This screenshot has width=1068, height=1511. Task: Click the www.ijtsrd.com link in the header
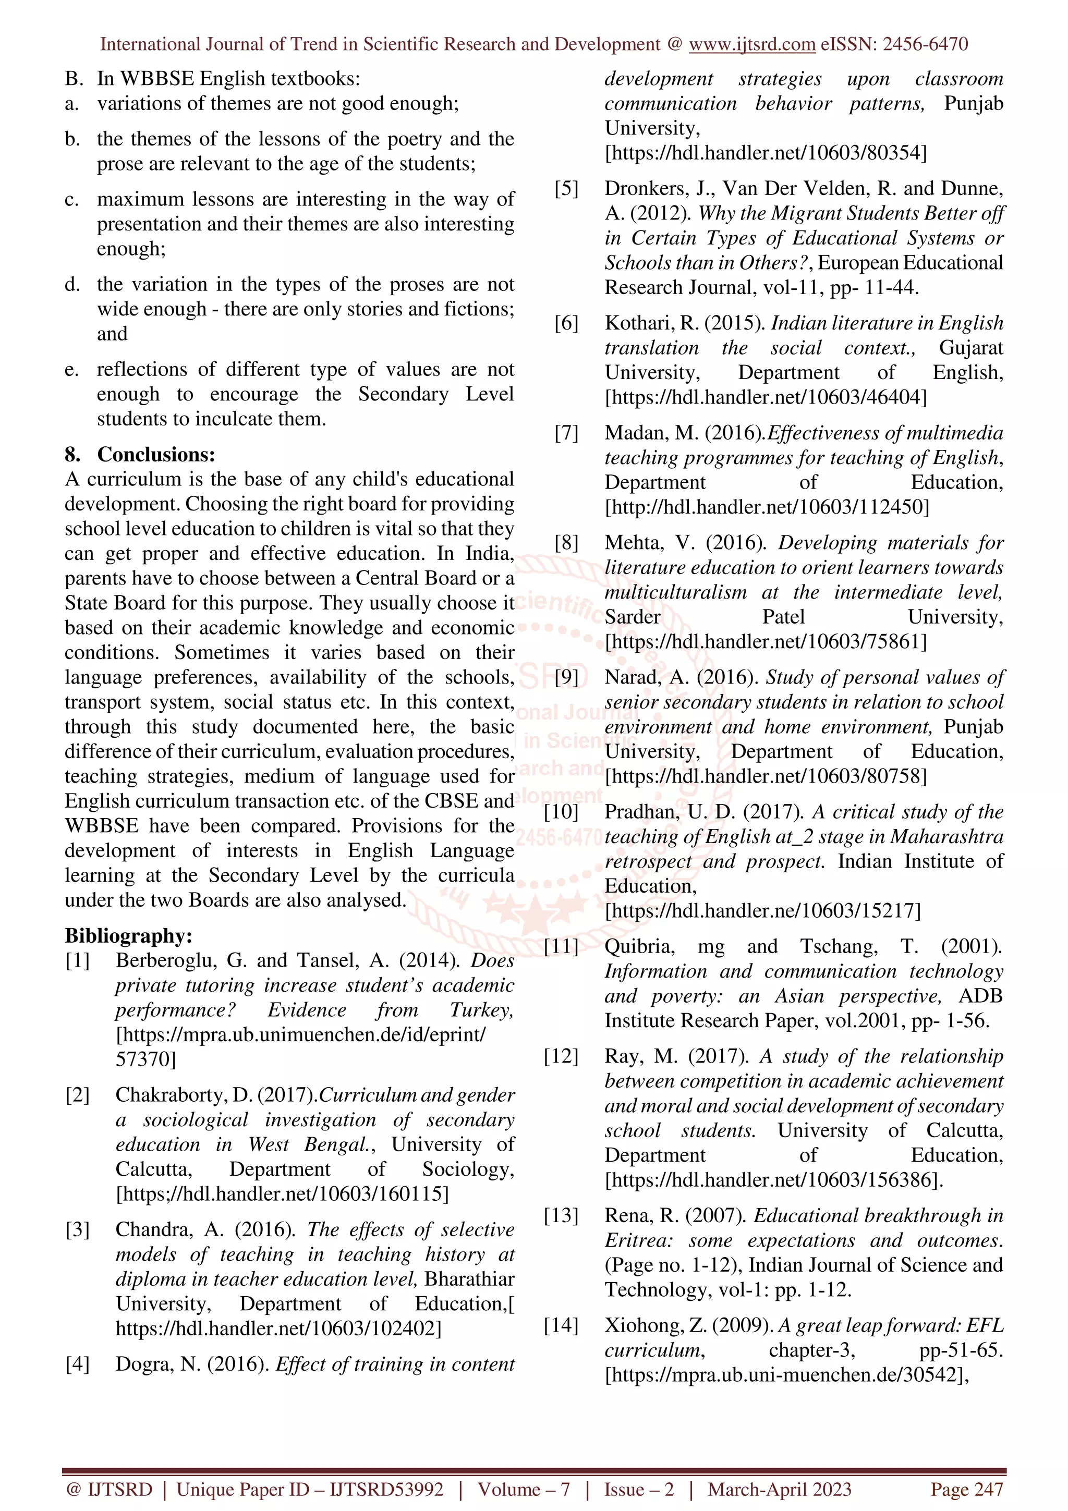(x=751, y=45)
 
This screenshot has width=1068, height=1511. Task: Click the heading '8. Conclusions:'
(x=140, y=454)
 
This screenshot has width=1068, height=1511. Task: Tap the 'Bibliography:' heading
(x=128, y=935)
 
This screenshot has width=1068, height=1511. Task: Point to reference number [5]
(x=566, y=189)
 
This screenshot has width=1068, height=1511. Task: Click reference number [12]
(x=561, y=1056)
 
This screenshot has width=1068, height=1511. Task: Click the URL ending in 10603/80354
(x=766, y=153)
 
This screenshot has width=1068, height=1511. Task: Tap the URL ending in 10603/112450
(x=767, y=507)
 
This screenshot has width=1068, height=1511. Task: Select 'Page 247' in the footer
(x=966, y=1489)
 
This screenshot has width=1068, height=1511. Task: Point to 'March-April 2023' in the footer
(x=779, y=1489)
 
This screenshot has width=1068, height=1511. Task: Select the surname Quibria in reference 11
(x=640, y=946)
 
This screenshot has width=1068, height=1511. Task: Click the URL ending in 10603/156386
(x=773, y=1180)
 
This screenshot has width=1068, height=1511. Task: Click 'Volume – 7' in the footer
(x=524, y=1489)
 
